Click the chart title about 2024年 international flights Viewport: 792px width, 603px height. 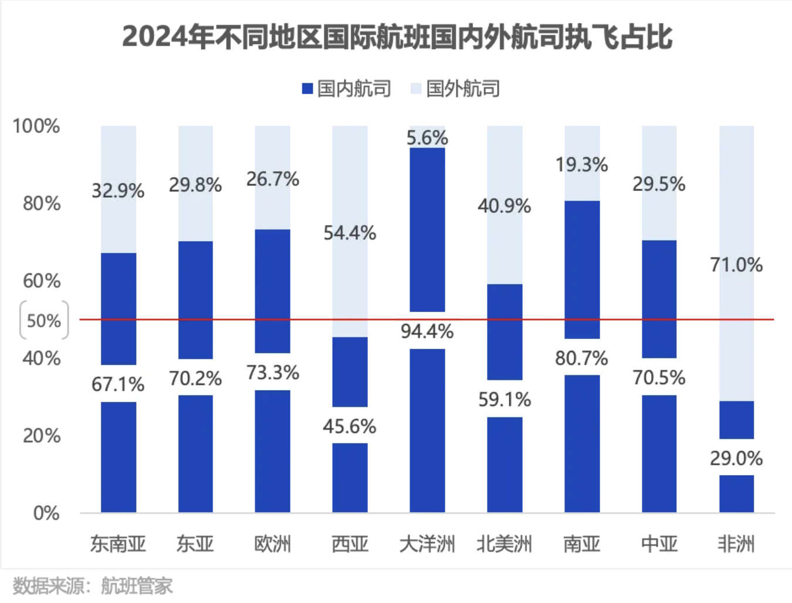coord(397,38)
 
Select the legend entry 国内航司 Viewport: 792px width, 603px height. coord(347,89)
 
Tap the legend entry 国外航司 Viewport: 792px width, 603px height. coord(456,89)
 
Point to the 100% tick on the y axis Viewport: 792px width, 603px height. coord(36,126)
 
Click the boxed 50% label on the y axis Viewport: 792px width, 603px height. coord(44,320)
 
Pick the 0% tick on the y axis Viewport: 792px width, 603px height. coord(46,513)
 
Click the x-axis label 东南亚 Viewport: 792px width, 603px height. coord(118,544)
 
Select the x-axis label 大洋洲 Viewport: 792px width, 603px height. coord(427,544)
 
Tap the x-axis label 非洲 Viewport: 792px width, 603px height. coord(736,544)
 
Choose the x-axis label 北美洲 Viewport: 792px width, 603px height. coord(505,544)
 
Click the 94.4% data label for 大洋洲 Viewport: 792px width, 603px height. coord(427,331)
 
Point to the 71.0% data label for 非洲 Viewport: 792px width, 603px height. coord(736,265)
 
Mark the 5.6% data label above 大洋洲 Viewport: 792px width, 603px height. coord(427,138)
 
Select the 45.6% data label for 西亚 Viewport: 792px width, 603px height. coord(350,426)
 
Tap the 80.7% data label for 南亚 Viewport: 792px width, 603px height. coord(581,358)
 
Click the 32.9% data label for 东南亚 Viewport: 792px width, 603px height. coord(118,191)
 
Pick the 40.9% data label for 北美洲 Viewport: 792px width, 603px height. coord(505,206)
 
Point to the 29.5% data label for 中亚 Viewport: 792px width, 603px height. coord(659,184)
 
